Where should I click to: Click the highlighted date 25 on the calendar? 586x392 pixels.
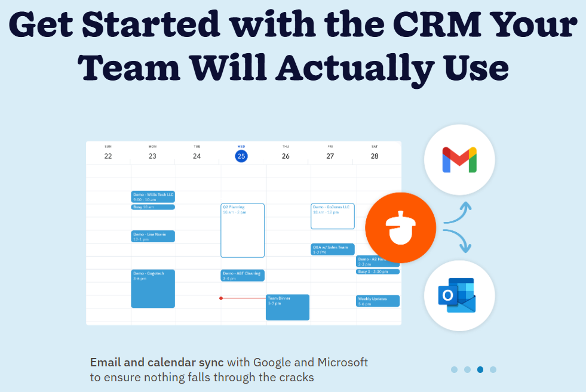241,156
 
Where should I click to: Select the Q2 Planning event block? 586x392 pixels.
243,230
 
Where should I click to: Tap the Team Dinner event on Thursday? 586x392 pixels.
287,307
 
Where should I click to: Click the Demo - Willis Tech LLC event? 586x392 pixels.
153,196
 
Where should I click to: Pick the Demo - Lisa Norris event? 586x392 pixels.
153,236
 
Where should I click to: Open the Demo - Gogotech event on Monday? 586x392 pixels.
153,288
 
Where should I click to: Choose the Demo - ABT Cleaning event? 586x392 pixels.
243,275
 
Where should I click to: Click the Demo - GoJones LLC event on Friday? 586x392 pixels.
332,216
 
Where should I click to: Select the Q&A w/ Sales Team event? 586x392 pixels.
332,249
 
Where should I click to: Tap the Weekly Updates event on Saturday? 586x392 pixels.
378,301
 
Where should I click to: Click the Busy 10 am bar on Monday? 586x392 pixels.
153,207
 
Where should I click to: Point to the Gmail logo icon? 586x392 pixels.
459,160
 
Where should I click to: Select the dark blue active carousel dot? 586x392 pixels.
480,369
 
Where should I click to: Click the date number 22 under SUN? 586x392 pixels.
108,156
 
